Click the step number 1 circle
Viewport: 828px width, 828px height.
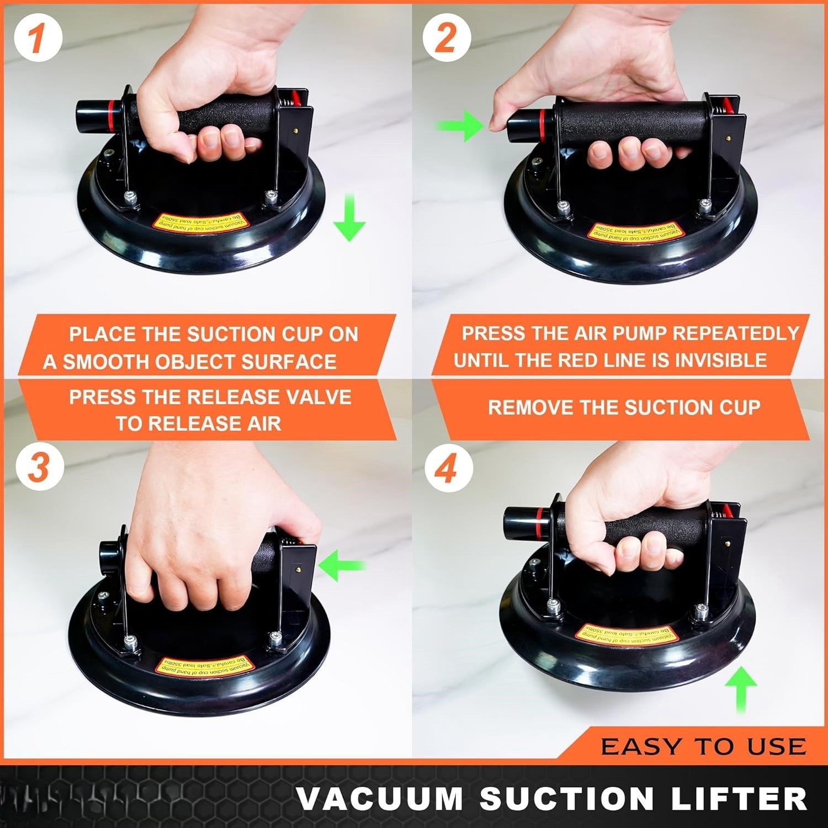click(x=37, y=38)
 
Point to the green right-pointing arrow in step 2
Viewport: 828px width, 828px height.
click(x=460, y=126)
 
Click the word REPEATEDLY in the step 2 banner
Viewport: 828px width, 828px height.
click(x=736, y=333)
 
